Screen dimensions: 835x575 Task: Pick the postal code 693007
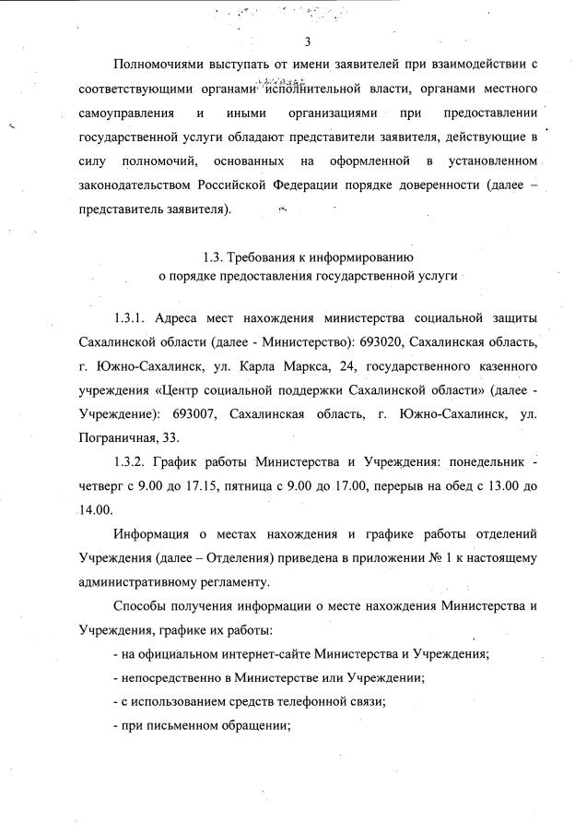click(x=203, y=414)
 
